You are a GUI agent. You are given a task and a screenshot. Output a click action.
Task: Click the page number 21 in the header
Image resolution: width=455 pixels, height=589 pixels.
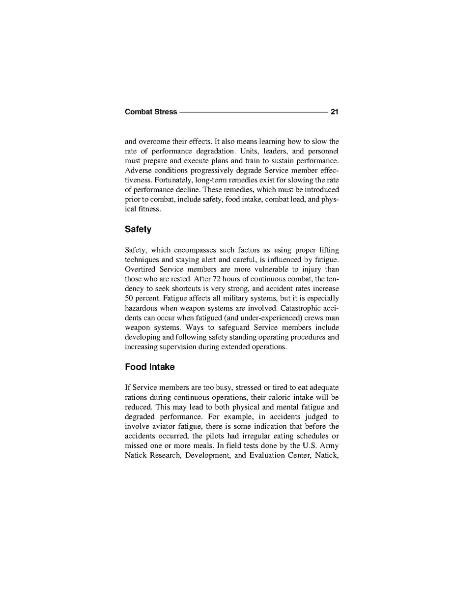point(335,112)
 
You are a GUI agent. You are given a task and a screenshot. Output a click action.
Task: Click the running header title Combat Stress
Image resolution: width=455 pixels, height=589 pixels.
point(151,112)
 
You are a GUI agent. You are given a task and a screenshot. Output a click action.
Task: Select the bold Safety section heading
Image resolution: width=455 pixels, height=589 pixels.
point(138,229)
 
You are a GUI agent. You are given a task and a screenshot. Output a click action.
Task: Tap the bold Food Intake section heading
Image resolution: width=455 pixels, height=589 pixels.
point(150,367)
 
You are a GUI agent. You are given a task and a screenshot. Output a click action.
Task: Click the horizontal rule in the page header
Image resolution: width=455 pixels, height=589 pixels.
point(253,112)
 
